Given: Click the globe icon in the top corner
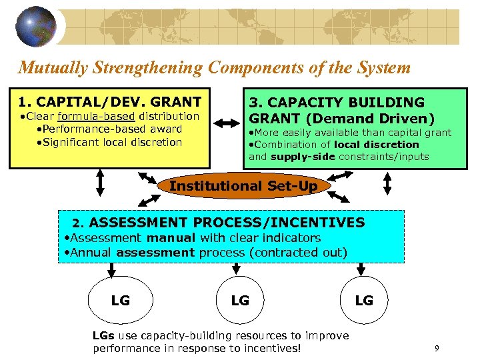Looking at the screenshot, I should point(37,26).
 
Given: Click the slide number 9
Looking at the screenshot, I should point(436,348).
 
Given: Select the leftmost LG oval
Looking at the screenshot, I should point(121,301).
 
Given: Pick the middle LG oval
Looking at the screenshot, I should point(240,301).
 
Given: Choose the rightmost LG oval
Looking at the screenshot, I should point(364,301).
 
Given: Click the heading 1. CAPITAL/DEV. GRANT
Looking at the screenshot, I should point(110,102).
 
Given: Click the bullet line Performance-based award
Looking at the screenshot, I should point(109,129).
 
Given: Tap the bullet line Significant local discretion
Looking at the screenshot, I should point(109,142).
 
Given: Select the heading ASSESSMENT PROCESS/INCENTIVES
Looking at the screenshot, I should point(227,223).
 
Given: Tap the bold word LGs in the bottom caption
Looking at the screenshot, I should point(103,335).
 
